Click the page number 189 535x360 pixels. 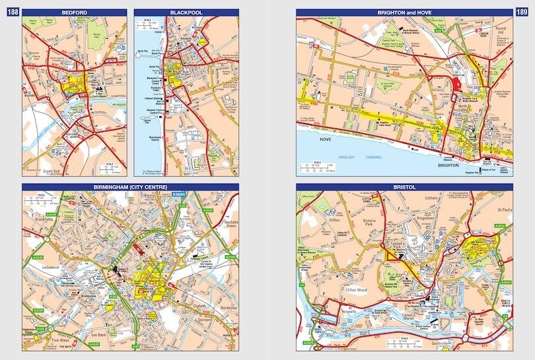pos(522,13)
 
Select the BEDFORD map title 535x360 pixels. pos(73,13)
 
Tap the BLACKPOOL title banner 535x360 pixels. pos(186,13)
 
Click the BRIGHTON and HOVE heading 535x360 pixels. pos(403,13)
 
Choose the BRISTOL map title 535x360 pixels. pos(403,188)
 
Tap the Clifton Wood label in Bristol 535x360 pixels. pos(359,288)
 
